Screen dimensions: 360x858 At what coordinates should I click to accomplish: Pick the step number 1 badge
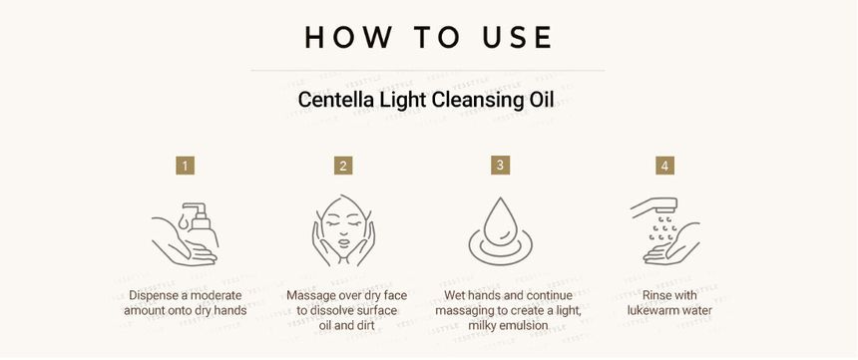(185, 166)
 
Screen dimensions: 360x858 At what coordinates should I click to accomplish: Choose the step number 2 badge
(343, 166)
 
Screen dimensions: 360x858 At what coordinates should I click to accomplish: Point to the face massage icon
(343, 231)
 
